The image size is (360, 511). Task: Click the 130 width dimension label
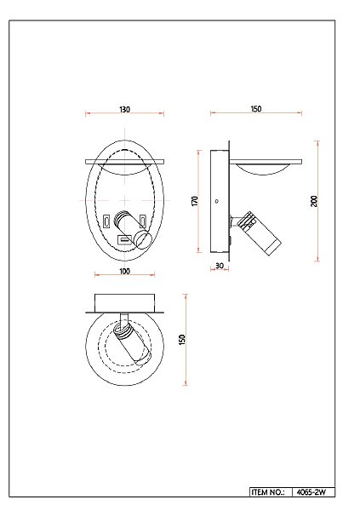pyautogui.click(x=124, y=110)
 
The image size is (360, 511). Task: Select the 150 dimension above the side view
pyautogui.click(x=256, y=109)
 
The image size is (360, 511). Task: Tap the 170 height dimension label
pyautogui.click(x=195, y=201)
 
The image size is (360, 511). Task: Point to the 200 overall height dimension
pyautogui.click(x=314, y=201)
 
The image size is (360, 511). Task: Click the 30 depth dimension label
pyautogui.click(x=220, y=266)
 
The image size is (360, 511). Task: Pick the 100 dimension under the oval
pyautogui.click(x=125, y=271)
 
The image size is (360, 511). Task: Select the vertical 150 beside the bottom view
pyautogui.click(x=182, y=340)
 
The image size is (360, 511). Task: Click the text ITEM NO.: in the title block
pyautogui.click(x=267, y=492)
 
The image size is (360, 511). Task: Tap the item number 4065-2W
pyautogui.click(x=311, y=492)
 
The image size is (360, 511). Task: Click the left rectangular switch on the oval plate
pyautogui.click(x=106, y=221)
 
